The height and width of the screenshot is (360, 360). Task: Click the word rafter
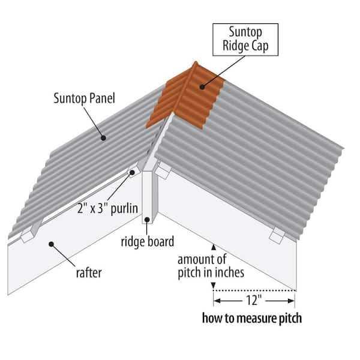[x=88, y=272]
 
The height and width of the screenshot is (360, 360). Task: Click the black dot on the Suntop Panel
[x=104, y=137]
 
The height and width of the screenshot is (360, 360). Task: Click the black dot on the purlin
[x=132, y=172]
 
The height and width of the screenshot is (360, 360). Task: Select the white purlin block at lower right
[x=277, y=235]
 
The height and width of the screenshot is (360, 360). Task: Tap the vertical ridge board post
[x=149, y=198]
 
